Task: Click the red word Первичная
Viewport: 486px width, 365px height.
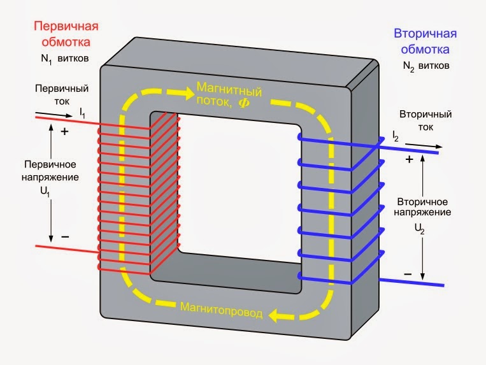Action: pos(66,27)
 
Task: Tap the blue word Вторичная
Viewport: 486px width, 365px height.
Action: pos(425,34)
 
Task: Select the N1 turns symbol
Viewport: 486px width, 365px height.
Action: pos(46,59)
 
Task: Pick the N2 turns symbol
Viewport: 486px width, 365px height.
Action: pos(408,67)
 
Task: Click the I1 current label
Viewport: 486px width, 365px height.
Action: pos(82,113)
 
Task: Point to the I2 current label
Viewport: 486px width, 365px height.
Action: pos(395,136)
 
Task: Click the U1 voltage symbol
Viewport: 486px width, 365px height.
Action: pos(45,192)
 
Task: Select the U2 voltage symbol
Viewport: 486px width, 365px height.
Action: pos(420,229)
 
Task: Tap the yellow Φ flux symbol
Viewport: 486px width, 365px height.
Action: pos(244,103)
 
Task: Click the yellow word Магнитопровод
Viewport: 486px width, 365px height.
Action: pos(221,310)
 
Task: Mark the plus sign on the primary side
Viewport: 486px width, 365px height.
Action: pos(64,132)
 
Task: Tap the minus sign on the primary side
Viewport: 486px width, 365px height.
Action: pos(65,237)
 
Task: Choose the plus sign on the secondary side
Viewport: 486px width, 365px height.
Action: pos(410,159)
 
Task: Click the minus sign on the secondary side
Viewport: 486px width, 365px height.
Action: pos(408,274)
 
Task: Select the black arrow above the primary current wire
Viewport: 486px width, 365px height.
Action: pos(54,115)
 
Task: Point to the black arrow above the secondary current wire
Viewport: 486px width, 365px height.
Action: pos(424,146)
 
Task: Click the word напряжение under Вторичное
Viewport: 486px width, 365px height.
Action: pos(422,213)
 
